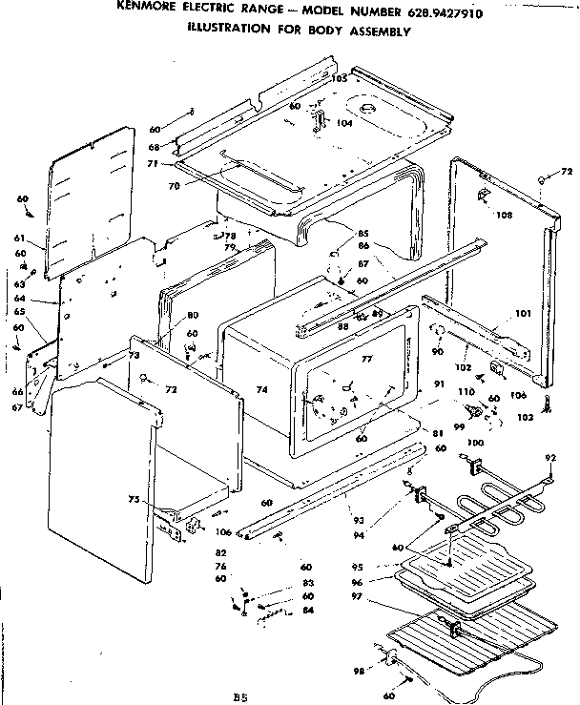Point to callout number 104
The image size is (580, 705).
point(344,123)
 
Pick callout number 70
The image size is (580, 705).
point(174,186)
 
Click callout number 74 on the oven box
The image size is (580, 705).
point(261,390)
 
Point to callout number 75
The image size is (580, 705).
point(136,499)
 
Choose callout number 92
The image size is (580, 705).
point(549,458)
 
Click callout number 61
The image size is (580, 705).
point(20,238)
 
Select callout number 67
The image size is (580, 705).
point(17,407)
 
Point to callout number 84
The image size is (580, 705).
point(307,611)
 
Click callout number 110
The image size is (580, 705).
point(466,392)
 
